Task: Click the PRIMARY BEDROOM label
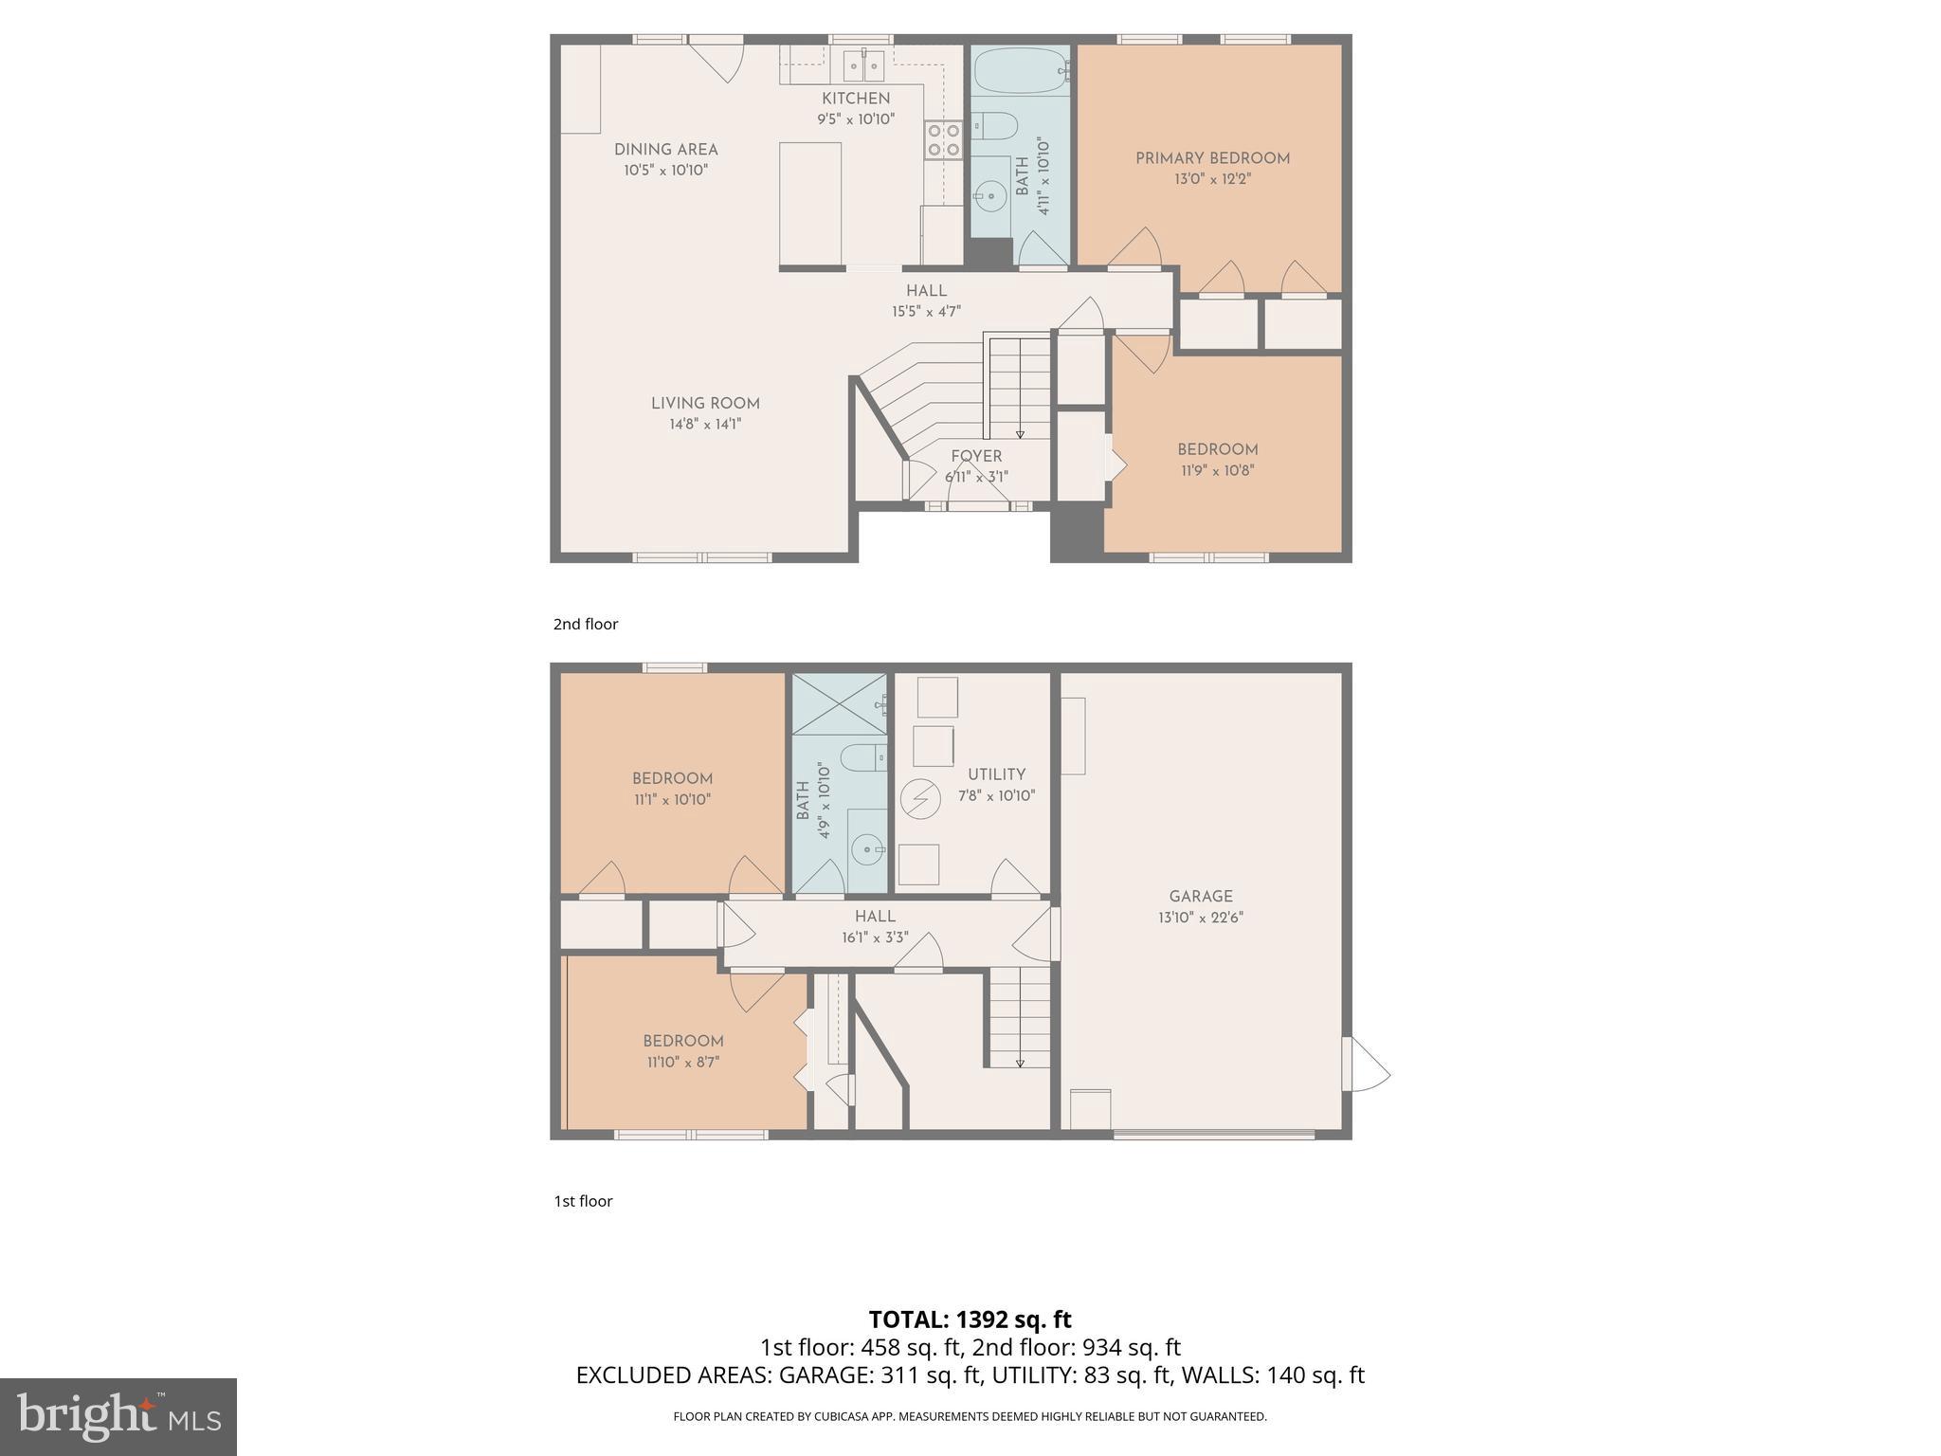(1212, 158)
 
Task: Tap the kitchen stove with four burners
(944, 140)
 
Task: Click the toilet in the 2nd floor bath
(995, 124)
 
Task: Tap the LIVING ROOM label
(705, 404)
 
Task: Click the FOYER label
(976, 456)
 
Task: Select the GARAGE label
(1201, 896)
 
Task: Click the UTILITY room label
(996, 774)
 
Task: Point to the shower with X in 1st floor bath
(839, 704)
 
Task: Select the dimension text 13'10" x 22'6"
(1201, 918)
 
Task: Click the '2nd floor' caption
(586, 624)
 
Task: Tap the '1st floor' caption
(583, 1201)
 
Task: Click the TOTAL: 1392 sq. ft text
(970, 1319)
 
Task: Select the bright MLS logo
(118, 1416)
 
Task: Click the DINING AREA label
(665, 150)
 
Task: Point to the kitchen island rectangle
(810, 204)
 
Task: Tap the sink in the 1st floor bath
(866, 850)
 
